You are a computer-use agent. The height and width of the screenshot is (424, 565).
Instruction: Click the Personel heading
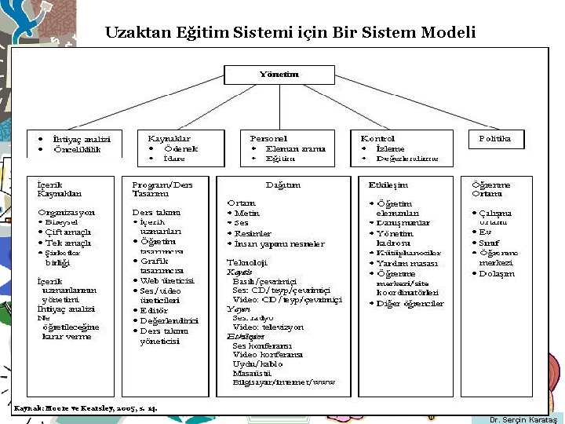268,138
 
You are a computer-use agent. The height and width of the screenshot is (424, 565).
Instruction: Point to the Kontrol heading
377,138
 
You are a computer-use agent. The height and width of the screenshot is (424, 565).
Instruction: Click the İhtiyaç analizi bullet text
76,139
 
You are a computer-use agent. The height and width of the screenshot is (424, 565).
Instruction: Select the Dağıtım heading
283,185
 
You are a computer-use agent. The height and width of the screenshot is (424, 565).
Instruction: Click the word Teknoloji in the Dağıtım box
246,262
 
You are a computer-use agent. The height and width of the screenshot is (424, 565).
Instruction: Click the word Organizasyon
66,212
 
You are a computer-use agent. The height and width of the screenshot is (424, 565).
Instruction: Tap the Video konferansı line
268,354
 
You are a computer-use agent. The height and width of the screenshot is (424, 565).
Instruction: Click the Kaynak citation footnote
86,408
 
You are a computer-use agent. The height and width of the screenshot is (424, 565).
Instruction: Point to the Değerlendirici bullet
169,320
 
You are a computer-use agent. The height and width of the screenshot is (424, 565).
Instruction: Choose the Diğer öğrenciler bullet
410,304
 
